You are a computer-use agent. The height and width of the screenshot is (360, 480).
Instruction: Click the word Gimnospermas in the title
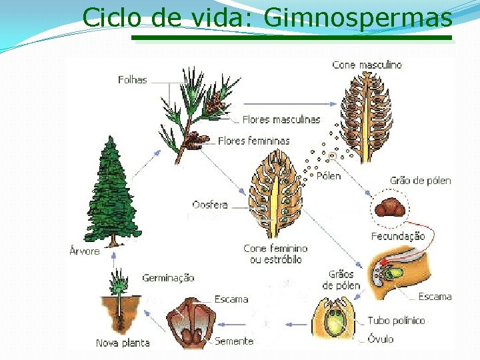click(359, 18)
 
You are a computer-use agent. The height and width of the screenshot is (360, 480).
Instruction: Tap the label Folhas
click(132, 80)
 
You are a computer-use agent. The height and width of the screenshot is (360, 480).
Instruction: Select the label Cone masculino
click(367, 65)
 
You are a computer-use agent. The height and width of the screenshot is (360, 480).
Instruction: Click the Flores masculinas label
click(281, 120)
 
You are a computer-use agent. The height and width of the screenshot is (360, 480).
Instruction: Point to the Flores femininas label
click(254, 141)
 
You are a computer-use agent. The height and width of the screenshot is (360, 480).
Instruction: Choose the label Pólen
click(329, 176)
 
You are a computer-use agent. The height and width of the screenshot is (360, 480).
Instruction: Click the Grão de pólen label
click(420, 181)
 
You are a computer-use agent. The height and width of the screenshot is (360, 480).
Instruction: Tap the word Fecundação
click(398, 236)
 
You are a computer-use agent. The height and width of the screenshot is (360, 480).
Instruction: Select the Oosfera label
click(209, 205)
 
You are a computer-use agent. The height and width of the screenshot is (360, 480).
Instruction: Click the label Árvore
click(85, 251)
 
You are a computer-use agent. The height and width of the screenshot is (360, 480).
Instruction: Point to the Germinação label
click(168, 278)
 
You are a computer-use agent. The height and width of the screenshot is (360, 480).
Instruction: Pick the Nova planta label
click(123, 343)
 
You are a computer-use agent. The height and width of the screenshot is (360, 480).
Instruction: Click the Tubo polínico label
click(396, 321)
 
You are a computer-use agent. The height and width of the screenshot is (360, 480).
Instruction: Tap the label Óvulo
click(381, 339)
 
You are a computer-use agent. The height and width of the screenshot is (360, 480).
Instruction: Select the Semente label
click(234, 341)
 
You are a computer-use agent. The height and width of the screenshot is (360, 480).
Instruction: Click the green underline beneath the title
click(291, 38)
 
